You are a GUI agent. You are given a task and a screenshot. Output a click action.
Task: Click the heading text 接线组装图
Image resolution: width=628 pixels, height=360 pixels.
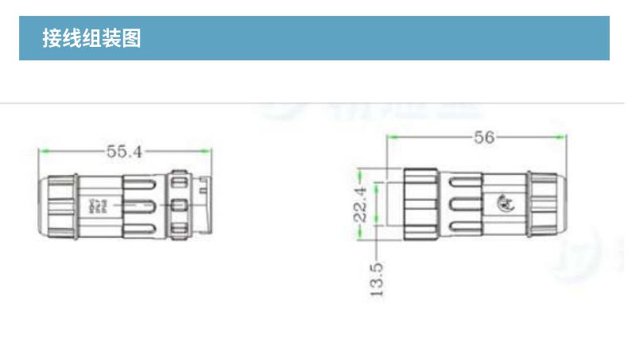click(91, 38)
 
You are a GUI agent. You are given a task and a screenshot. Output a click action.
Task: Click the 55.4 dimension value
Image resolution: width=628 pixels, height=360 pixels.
click(124, 151)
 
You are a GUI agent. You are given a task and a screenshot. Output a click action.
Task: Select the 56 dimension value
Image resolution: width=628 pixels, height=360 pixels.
click(484, 137)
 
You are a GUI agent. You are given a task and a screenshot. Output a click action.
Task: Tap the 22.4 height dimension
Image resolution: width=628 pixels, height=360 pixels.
click(361, 203)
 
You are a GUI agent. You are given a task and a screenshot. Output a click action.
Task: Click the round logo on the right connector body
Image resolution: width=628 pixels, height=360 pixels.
click(505, 203)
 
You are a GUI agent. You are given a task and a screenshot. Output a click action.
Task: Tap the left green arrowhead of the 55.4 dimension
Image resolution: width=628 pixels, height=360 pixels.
click(43, 151)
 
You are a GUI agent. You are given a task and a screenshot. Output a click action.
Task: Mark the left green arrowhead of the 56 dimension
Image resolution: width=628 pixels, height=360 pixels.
click(391, 137)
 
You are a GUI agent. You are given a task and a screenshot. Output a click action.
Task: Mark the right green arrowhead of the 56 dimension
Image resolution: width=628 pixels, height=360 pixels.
click(562, 137)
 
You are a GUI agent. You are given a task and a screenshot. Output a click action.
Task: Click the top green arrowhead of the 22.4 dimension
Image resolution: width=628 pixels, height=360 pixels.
click(361, 172)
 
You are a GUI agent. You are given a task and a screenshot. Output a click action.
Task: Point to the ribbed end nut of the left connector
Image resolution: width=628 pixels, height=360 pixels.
click(60, 207)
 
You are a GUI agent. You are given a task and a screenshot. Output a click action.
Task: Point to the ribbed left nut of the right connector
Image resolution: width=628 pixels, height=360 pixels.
click(421, 204)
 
